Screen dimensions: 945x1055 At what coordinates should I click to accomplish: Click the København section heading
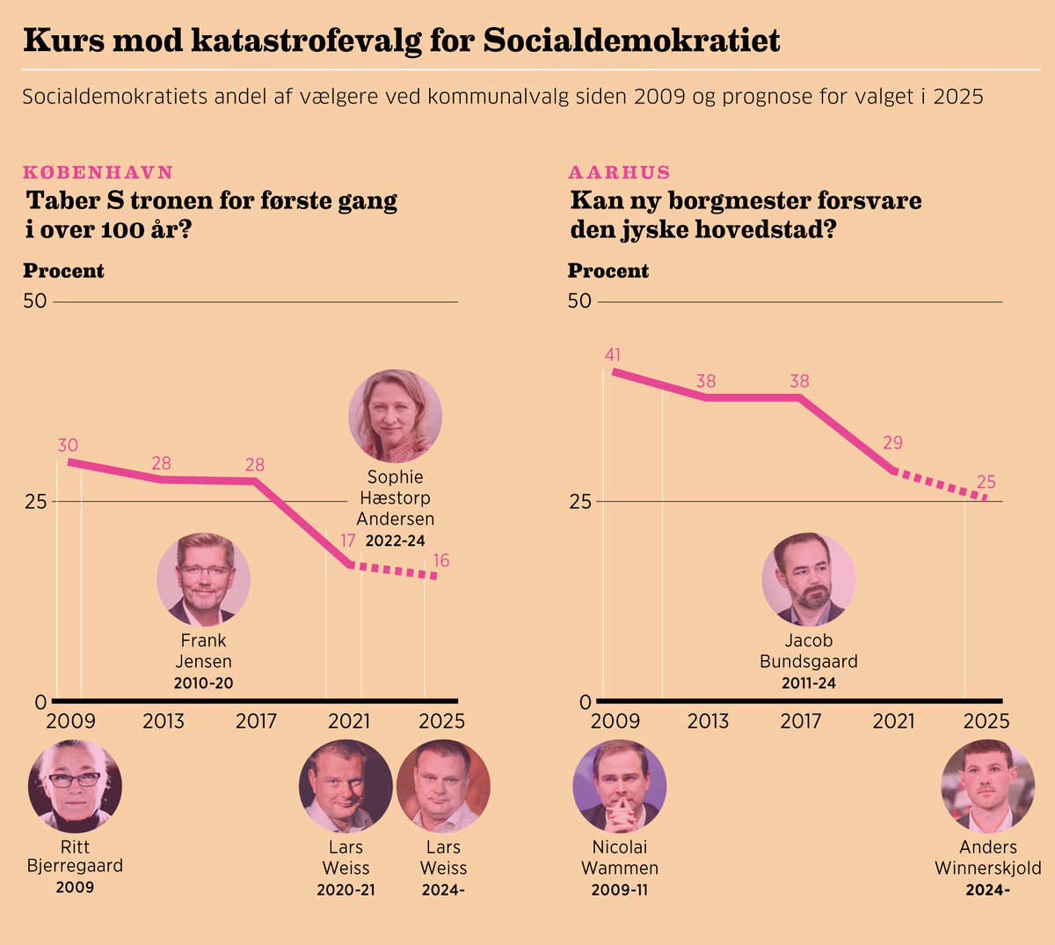(98, 172)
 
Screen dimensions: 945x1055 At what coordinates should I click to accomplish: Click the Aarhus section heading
(619, 172)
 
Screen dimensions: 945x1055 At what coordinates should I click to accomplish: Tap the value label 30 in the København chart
(68, 446)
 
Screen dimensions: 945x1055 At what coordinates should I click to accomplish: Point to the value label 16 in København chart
(441, 561)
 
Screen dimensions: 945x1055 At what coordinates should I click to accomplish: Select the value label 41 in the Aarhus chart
(613, 355)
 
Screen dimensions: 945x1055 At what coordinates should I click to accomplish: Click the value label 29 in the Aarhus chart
(892, 443)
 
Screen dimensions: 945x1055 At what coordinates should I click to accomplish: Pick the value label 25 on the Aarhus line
(986, 482)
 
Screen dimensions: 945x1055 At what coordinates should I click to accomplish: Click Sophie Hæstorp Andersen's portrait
(395, 416)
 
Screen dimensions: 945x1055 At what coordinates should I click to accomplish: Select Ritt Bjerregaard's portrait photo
(75, 786)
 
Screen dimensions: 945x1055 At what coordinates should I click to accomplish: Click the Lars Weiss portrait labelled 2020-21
(346, 786)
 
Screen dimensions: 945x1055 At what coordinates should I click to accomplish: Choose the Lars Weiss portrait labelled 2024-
(443, 786)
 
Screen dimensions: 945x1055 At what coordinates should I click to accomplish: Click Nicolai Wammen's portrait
(619, 786)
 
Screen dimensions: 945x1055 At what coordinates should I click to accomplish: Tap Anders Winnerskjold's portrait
(987, 786)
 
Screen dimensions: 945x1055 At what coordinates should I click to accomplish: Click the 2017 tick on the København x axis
(257, 722)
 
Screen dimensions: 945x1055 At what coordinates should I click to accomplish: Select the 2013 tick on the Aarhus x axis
(708, 722)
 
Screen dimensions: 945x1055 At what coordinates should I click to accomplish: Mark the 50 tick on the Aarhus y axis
(579, 302)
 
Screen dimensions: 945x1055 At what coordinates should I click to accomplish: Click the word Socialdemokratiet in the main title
(631, 40)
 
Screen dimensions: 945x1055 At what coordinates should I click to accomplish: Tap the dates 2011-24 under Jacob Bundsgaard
(808, 683)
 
